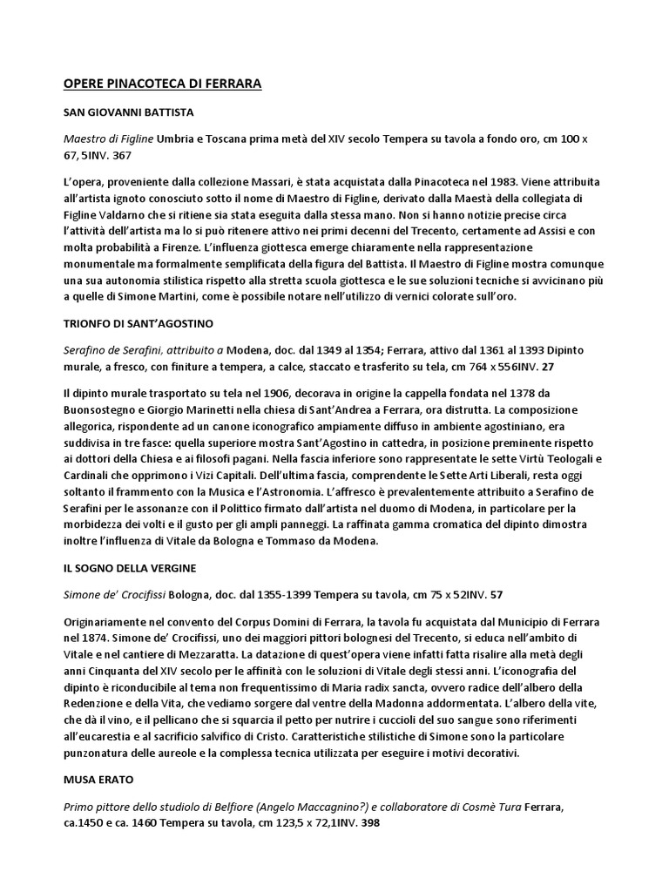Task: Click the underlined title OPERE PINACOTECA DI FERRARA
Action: [x=163, y=84]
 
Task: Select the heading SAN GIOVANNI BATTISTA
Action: [x=129, y=113]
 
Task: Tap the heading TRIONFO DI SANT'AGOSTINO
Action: [x=139, y=324]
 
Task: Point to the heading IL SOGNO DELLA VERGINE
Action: [x=130, y=569]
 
